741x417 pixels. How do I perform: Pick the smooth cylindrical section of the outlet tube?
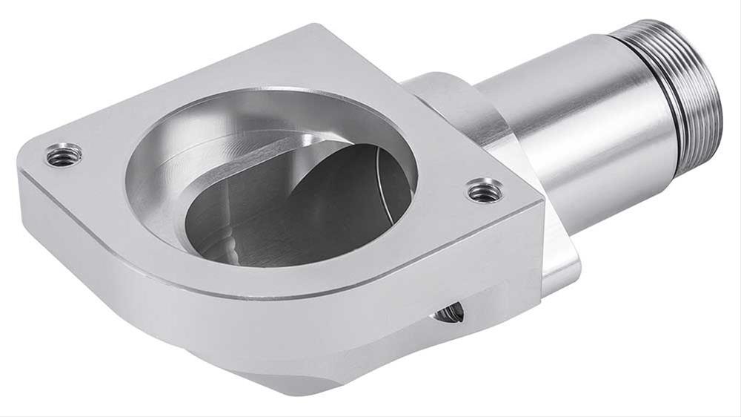[x=578, y=126]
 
